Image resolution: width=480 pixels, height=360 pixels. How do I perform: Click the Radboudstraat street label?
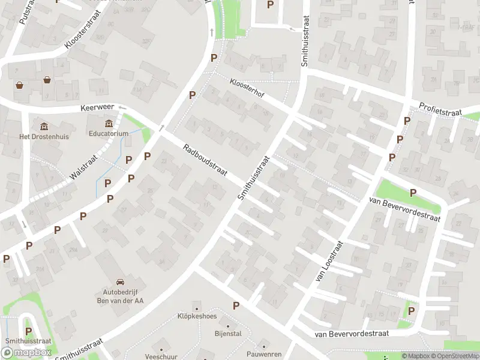pos(205,160)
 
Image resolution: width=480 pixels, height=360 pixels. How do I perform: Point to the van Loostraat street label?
pos(329,262)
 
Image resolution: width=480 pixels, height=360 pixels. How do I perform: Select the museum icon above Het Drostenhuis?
pos(44,126)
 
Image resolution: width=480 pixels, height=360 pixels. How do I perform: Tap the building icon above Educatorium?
pos(109,124)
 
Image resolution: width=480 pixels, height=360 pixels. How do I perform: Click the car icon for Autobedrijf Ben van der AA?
pos(120,281)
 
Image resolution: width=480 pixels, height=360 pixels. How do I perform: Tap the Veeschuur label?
pos(160,356)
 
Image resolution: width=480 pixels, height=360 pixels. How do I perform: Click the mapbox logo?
pos(27,353)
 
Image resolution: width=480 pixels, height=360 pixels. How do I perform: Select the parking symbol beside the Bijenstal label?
pos(236,305)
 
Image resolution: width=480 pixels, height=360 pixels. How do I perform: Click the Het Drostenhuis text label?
pos(44,136)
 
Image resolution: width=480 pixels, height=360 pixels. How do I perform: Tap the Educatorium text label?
pos(109,134)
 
